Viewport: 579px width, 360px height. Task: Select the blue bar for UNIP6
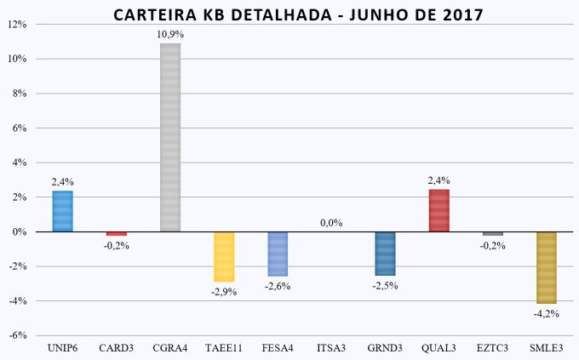click(62, 211)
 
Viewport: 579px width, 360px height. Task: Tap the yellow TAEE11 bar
click(224, 256)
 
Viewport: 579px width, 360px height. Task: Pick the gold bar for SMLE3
click(546, 267)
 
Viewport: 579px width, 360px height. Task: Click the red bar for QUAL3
click(439, 210)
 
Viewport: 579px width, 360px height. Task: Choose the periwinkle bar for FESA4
click(278, 254)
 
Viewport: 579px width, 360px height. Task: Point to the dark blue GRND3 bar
click(385, 253)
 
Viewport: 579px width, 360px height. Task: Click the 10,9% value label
click(170, 34)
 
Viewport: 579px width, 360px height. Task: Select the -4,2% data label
click(546, 314)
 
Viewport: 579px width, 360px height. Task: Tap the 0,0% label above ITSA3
click(331, 223)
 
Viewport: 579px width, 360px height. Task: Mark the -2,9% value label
click(224, 292)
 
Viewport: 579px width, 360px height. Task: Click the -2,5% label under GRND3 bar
click(385, 286)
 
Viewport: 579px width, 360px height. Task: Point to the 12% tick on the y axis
click(17, 25)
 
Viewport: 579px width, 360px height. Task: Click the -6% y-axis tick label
click(17, 335)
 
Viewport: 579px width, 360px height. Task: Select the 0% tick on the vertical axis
click(20, 231)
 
